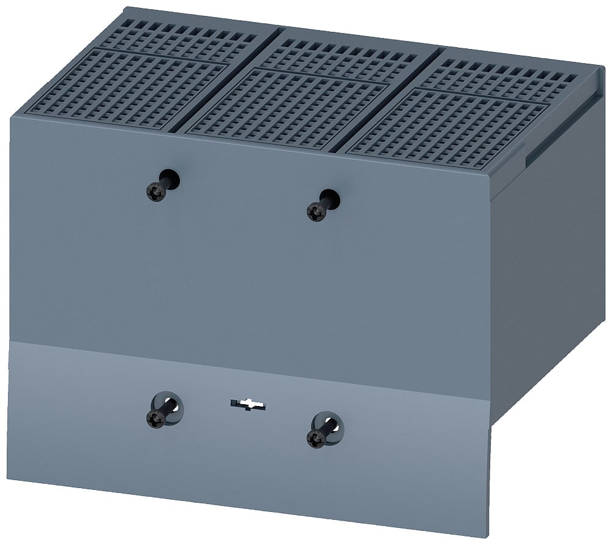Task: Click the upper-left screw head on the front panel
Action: pos(156,193)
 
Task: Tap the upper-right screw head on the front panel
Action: pos(316,212)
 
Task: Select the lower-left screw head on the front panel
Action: pos(156,419)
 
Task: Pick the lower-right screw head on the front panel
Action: pos(316,438)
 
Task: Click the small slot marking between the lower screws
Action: pos(247,404)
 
